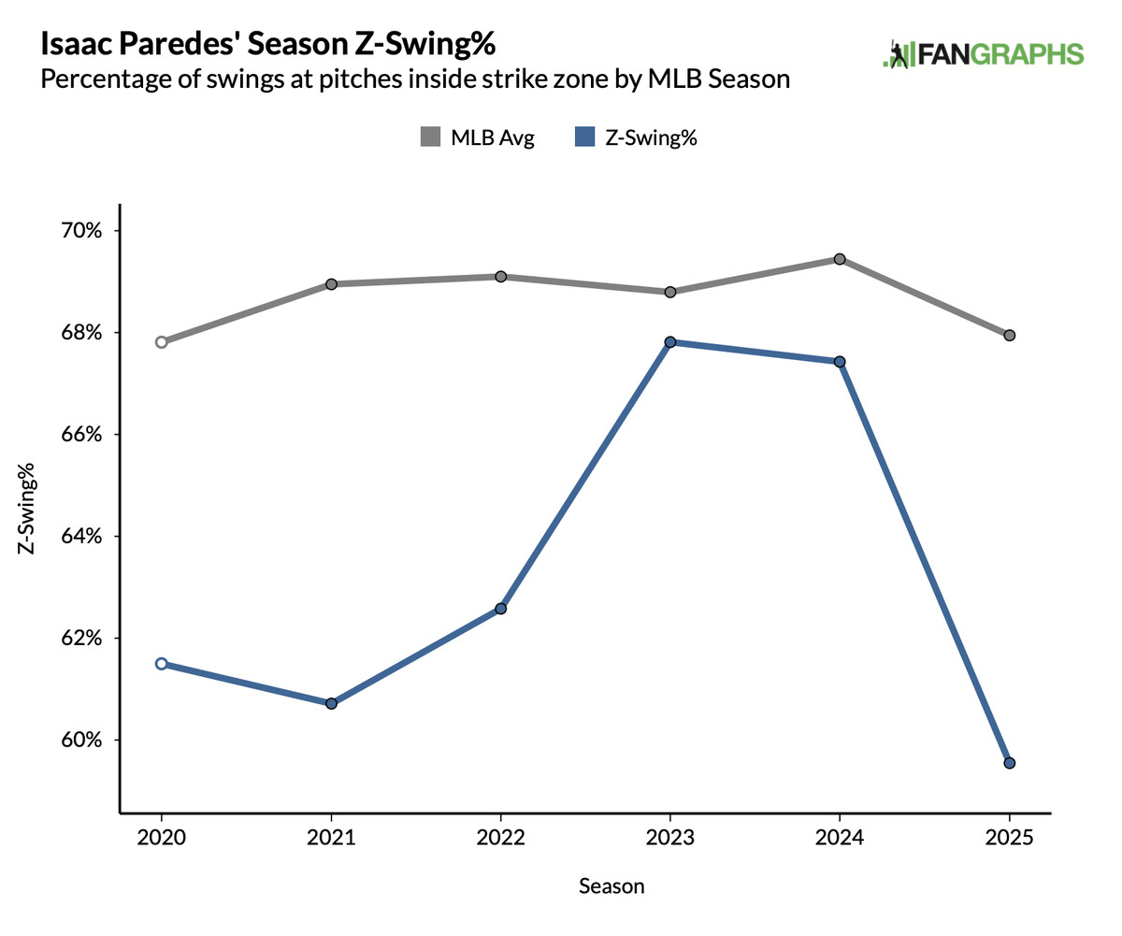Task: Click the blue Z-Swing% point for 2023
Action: pos(670,342)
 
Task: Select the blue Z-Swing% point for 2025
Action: pos(1010,763)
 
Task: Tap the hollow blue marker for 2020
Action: pos(162,664)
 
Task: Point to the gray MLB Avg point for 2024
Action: pos(840,259)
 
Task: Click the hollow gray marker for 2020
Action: pos(162,342)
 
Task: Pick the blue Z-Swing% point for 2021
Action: pos(331,703)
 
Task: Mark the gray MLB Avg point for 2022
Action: pos(501,277)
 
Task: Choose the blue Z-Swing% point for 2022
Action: pos(501,609)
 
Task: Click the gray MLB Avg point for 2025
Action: pos(1010,336)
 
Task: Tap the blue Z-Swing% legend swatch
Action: pos(583,138)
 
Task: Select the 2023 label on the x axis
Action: pos(670,838)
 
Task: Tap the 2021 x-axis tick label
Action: pos(331,838)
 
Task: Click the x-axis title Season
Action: pos(611,886)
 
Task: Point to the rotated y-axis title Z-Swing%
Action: pos(28,509)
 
